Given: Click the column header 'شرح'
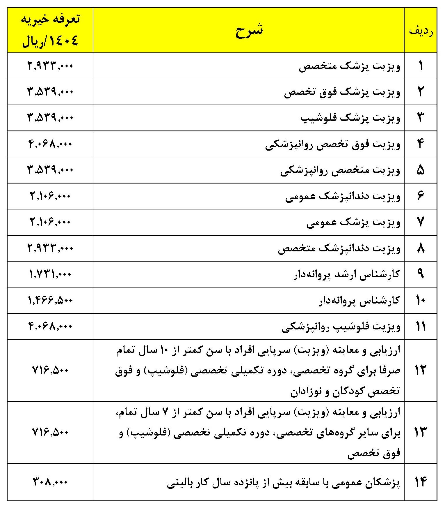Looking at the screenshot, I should pos(249,30).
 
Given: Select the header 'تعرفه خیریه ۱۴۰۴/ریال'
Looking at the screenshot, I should pos(50,30).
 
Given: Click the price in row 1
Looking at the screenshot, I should pos(50,66).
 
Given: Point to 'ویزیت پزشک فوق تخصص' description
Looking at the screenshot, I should pos(342,92).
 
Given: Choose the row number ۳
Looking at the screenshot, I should pos(421,118).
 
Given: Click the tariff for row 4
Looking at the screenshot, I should pos(50,144).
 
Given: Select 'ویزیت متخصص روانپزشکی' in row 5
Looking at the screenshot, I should pos(340,170).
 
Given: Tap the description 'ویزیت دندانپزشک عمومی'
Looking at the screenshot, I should pos(343,196).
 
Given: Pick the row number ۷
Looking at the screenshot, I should pos(421,222).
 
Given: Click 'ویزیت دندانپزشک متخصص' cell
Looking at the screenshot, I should pos(339,248).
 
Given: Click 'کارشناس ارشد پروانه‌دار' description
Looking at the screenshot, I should pos(347,274).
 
